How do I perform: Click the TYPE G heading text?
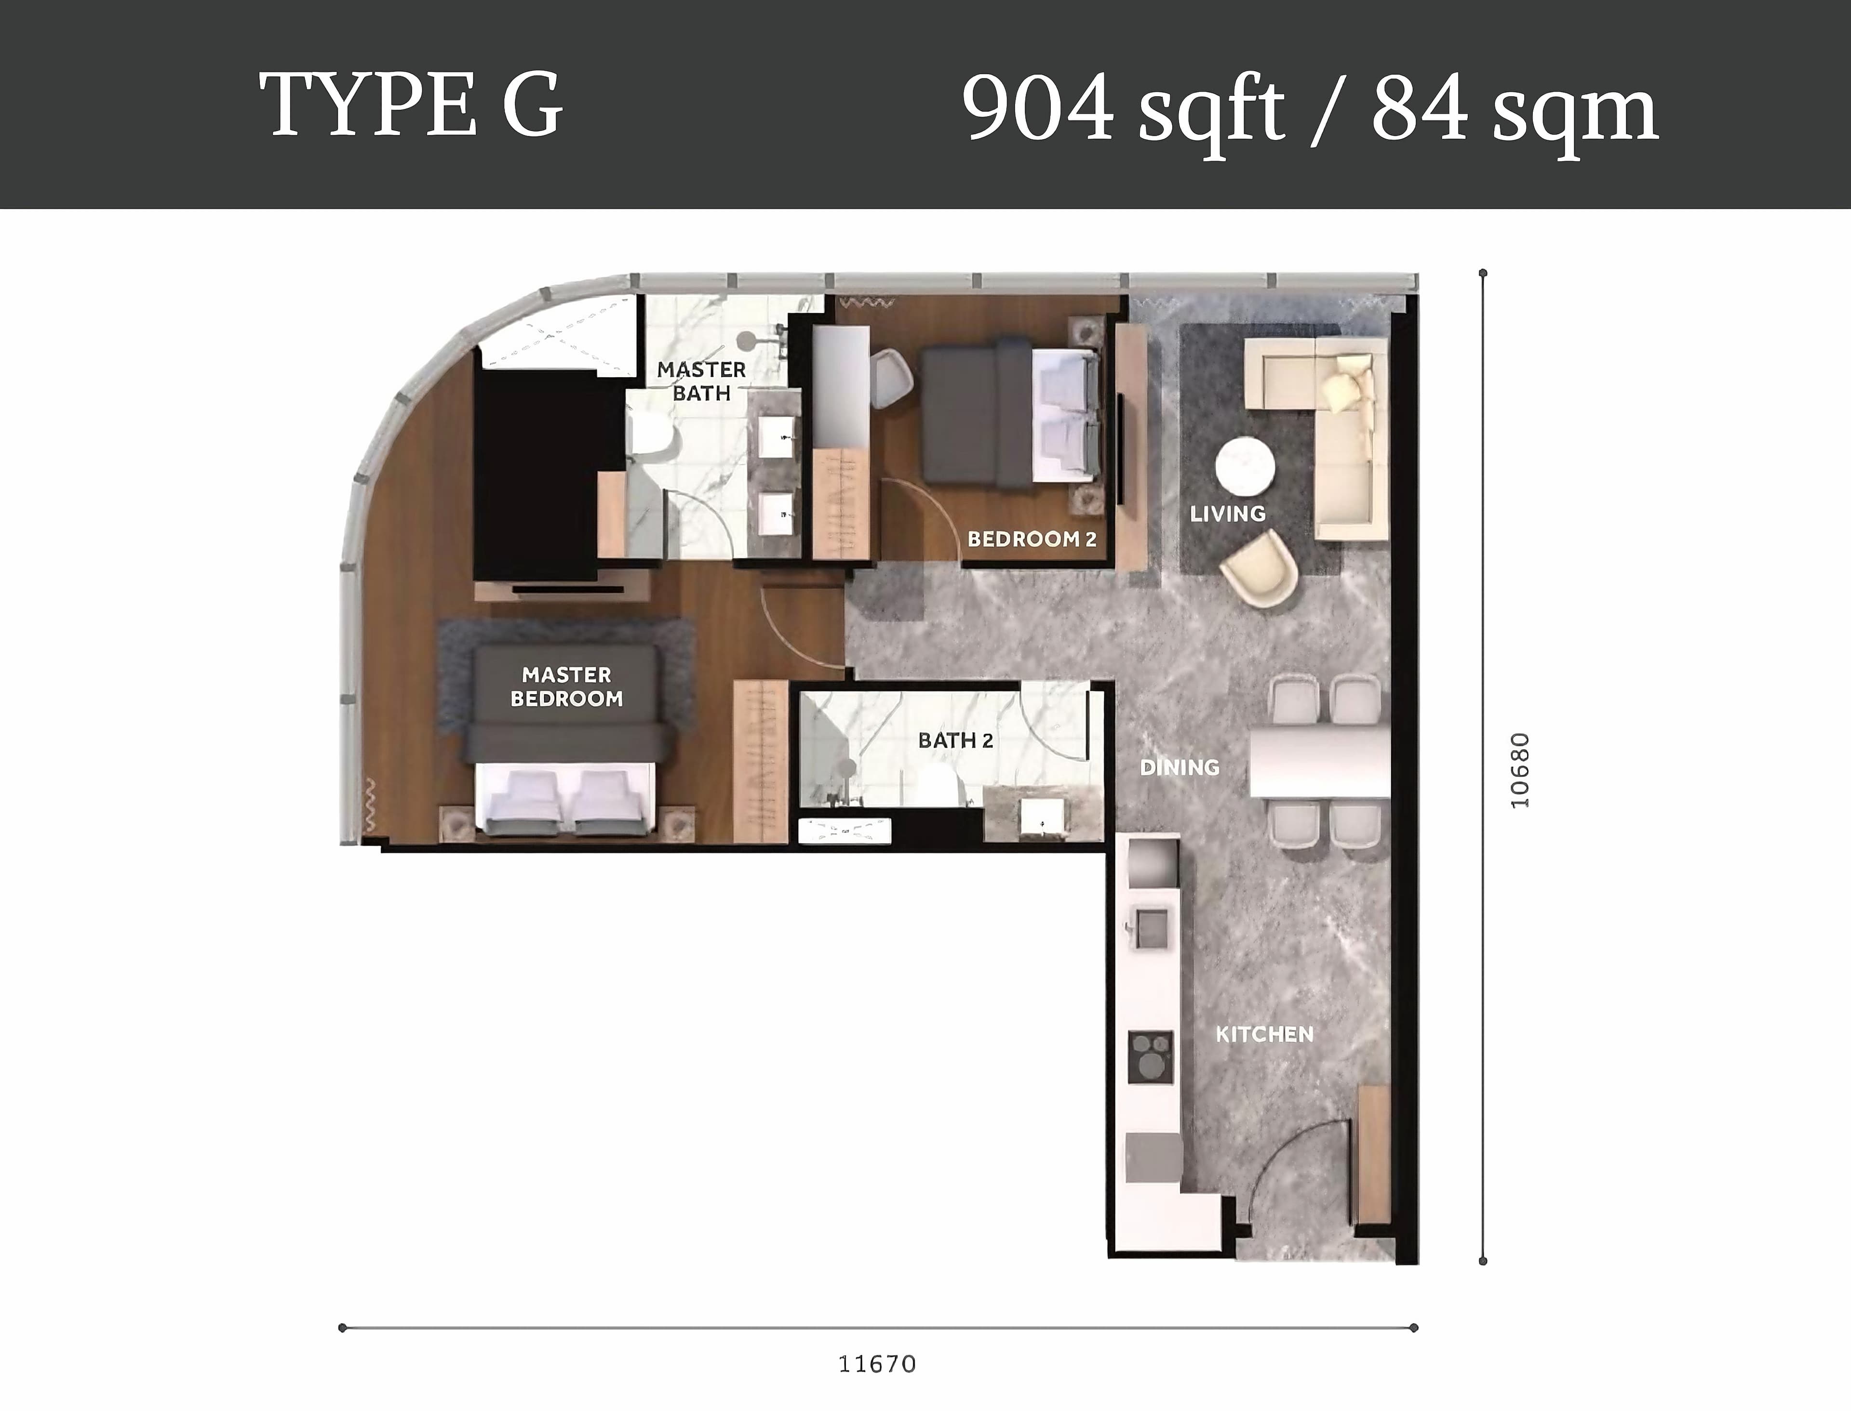pyautogui.click(x=411, y=106)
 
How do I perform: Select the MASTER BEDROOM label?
pyautogui.click(x=567, y=686)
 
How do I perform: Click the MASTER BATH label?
pyautogui.click(x=701, y=381)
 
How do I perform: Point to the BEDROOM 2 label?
pyautogui.click(x=1032, y=539)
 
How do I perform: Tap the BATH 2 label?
pyautogui.click(x=955, y=740)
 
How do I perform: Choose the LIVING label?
pyautogui.click(x=1228, y=513)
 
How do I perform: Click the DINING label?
pyautogui.click(x=1180, y=767)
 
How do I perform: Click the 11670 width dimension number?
pyautogui.click(x=877, y=1364)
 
